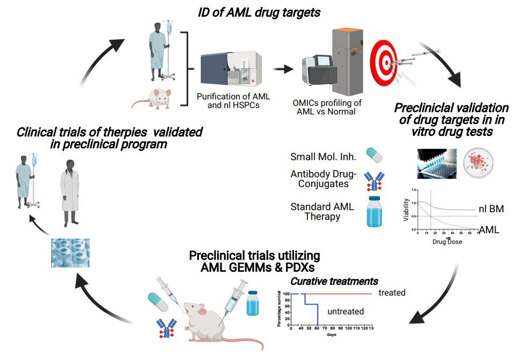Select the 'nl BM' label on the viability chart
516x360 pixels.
[x=491, y=209]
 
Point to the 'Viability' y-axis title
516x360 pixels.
[x=406, y=211]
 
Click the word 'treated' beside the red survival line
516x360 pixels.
[x=391, y=292]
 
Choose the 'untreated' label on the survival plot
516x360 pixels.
[x=346, y=311]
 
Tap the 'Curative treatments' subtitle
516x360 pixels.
[x=334, y=281]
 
